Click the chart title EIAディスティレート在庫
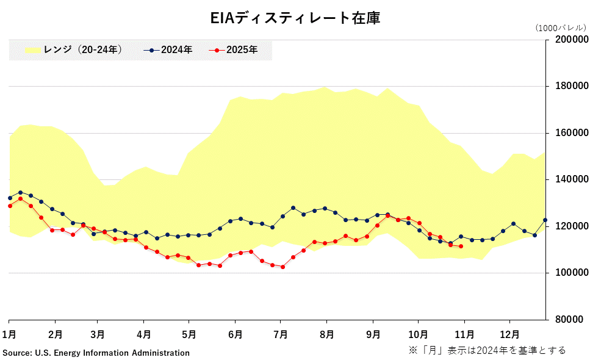point(295,18)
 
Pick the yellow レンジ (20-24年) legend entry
point(74,50)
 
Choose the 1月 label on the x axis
point(9,334)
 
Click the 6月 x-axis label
point(235,334)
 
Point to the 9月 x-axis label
point(373,334)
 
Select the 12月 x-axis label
point(509,334)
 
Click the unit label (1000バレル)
point(560,27)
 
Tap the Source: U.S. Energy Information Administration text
point(96,353)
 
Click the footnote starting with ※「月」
point(487,350)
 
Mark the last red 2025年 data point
point(461,247)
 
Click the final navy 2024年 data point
point(545,220)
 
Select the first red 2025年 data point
point(9,206)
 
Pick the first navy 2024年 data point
point(9,198)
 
